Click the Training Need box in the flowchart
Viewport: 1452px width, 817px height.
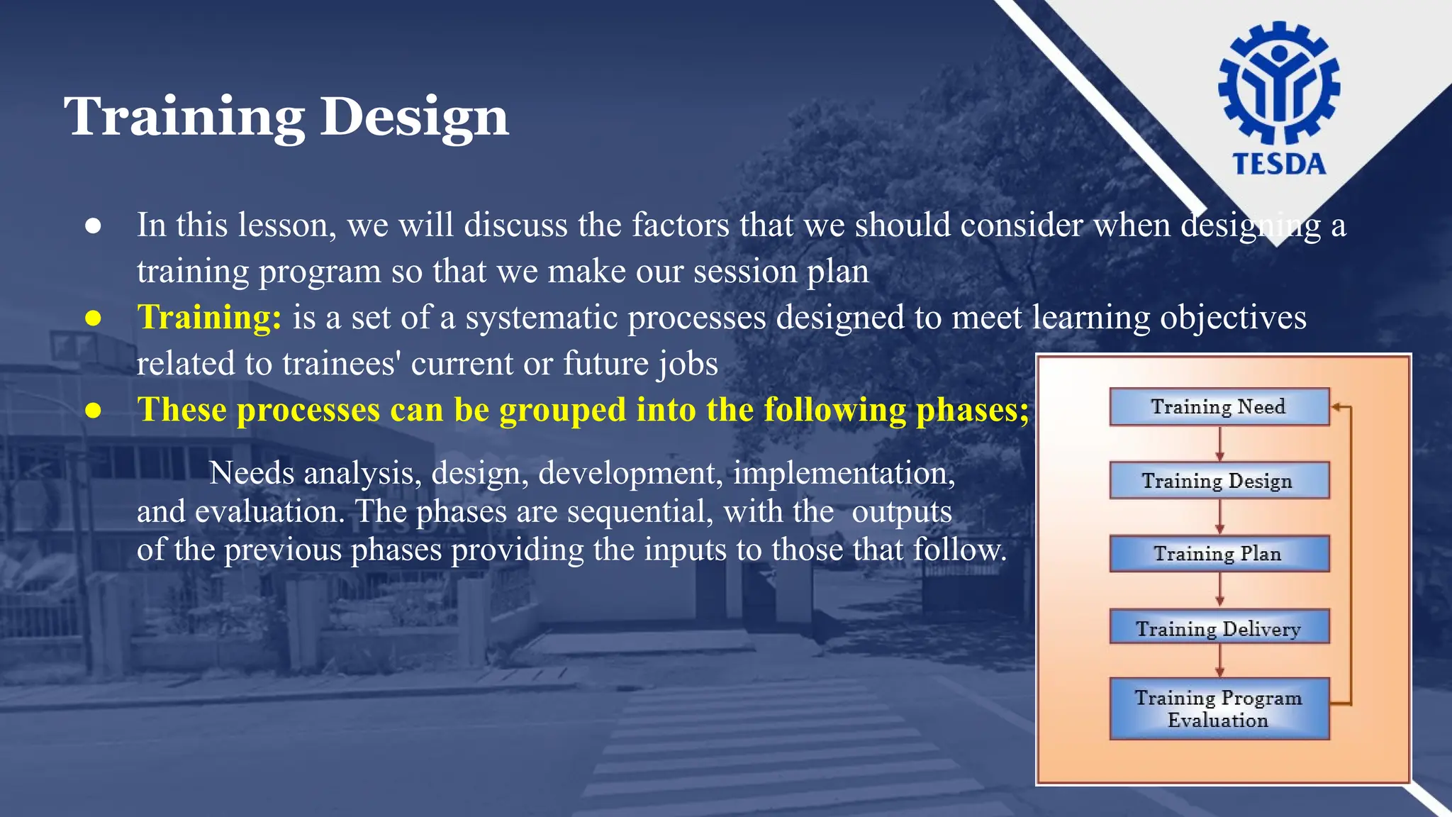pos(1219,407)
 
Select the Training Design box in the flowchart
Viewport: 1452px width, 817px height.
pos(1219,481)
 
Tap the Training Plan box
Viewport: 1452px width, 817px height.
pos(1219,554)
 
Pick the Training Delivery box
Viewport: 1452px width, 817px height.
pos(1219,628)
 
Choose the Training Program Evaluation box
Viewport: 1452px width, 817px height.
pos(1219,708)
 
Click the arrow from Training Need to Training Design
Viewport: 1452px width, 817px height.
pos(1219,444)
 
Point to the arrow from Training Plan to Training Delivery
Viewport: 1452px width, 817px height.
pos(1219,590)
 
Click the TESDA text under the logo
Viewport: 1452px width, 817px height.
pos(1279,165)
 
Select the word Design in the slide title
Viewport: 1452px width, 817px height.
pos(414,117)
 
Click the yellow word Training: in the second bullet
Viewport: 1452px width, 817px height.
pos(209,317)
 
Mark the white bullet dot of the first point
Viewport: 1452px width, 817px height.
pos(93,226)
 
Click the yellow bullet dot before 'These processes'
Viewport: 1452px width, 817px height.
pos(93,411)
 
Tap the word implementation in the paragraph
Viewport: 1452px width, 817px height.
pos(844,473)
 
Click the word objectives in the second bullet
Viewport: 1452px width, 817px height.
pos(1233,318)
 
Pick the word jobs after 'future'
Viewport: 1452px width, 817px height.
pos(688,364)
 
